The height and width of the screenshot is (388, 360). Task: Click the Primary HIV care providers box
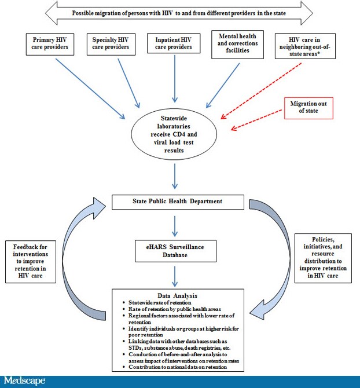(x=50, y=44)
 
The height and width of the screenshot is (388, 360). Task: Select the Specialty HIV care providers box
(x=111, y=44)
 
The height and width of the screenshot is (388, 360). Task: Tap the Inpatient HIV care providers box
(x=174, y=43)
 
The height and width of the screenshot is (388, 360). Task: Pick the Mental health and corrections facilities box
(x=238, y=45)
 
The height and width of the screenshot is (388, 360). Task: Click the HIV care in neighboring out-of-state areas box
(x=305, y=46)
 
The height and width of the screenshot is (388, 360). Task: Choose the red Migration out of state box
(x=308, y=108)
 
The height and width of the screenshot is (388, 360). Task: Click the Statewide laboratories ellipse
(x=174, y=134)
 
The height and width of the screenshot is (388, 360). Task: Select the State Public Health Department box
(x=178, y=202)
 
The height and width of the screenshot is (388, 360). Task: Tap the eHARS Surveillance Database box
(x=175, y=251)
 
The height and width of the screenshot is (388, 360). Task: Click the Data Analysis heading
(x=178, y=296)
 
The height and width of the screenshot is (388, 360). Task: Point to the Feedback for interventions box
(x=31, y=262)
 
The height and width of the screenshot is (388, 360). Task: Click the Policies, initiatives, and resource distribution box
(x=323, y=258)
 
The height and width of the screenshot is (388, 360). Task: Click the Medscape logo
(x=24, y=381)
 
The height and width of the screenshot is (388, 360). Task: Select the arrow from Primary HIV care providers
(x=90, y=89)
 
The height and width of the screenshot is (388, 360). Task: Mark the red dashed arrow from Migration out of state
(x=256, y=120)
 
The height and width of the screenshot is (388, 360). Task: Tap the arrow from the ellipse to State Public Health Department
(x=175, y=176)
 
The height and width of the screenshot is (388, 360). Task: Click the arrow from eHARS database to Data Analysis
(x=175, y=276)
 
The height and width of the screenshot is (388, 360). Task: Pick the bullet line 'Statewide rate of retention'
(x=160, y=303)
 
